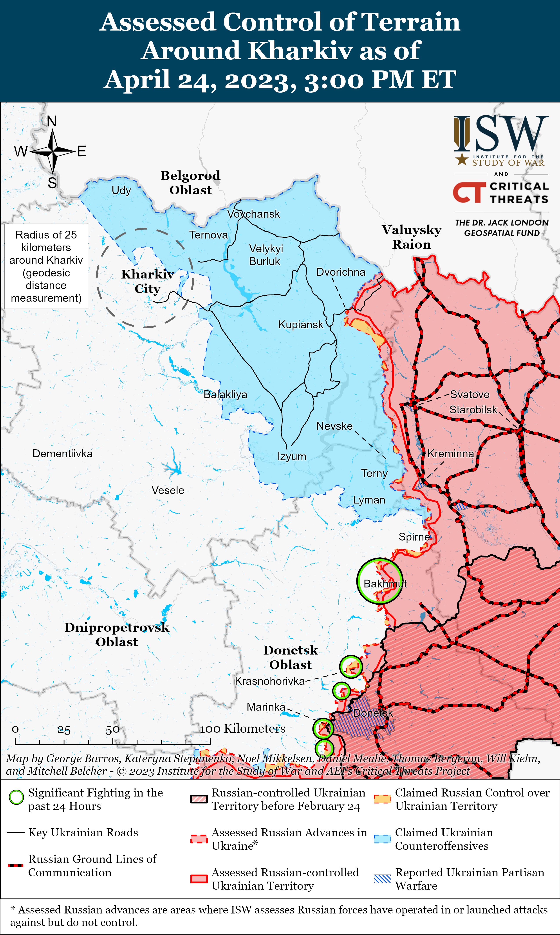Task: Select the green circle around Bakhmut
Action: pos(380,581)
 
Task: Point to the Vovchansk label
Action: pos(254,214)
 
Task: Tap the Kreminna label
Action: pos(451,454)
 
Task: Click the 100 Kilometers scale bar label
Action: pos(243,729)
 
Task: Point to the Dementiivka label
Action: pos(62,454)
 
